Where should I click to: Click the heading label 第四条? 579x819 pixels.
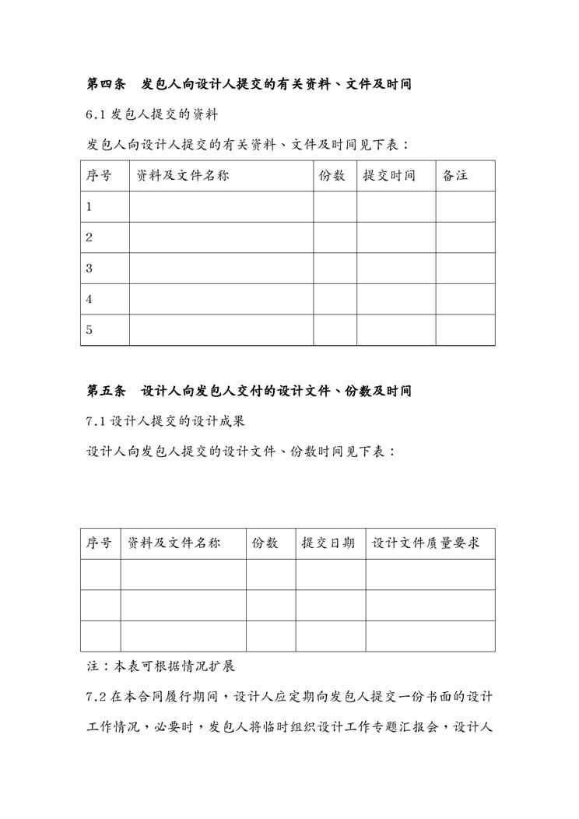tap(102, 84)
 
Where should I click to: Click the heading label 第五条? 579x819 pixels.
tap(102, 391)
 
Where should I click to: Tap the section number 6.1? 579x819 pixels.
tap(95, 114)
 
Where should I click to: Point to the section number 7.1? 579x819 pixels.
tap(95, 421)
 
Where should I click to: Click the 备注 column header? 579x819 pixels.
tap(455, 176)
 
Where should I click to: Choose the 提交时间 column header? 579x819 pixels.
tap(389, 176)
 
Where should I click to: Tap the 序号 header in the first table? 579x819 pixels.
tap(98, 176)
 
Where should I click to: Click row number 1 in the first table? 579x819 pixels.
tap(89, 207)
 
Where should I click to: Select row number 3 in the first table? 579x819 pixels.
tap(89, 269)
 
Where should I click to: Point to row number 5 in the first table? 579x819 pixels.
tap(89, 330)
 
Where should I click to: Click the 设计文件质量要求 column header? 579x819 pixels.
tap(426, 543)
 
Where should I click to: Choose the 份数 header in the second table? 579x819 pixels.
tap(265, 543)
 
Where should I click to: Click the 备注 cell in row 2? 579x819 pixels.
tap(465, 237)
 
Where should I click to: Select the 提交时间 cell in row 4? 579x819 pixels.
tap(396, 299)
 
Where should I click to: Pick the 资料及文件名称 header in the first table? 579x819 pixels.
tap(183, 176)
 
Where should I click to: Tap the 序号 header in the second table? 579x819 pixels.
tap(99, 543)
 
